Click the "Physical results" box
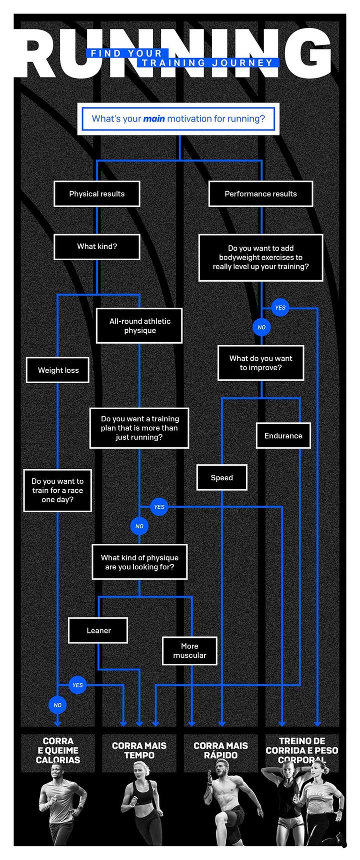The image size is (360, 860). pos(96,194)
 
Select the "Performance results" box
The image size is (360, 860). pos(260,194)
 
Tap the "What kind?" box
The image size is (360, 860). pos(96,246)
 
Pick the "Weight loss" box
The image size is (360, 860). pos(58,370)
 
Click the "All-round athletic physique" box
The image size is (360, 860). pos(139,326)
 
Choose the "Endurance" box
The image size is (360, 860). pos(283,436)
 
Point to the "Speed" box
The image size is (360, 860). pos(221,478)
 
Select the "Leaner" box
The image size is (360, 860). pos(98,630)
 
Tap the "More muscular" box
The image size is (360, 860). pos(189,651)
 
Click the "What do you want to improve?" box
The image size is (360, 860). pos(260,363)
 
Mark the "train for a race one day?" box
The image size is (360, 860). pos(57,490)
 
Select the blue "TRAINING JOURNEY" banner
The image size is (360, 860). pos(207,63)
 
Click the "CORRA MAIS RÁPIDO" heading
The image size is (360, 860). pos(220,750)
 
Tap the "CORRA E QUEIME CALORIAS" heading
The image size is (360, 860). pos(57,750)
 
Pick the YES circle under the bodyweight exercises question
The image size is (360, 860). pos(280,307)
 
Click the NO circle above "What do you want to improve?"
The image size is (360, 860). pos(261,328)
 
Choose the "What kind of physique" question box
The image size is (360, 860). pos(139,562)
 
